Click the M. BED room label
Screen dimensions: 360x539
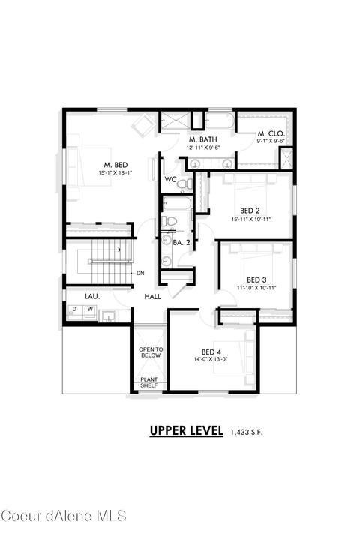(115, 166)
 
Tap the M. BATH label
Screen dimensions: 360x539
(202, 139)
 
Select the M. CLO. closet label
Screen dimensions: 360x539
(271, 133)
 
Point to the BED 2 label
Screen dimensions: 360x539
(250, 211)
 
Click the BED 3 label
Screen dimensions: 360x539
(256, 280)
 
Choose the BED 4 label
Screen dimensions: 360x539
(211, 352)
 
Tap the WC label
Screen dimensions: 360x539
(170, 179)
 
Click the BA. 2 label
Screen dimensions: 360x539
(181, 243)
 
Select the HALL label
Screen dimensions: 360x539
(153, 296)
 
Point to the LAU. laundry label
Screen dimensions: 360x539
(92, 296)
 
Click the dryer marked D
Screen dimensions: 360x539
(74, 310)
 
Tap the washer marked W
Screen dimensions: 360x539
(90, 310)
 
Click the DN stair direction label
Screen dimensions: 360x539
(140, 274)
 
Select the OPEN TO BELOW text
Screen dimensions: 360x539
(151, 352)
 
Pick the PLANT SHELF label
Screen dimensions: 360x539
(149, 382)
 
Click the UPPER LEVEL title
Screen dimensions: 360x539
(186, 430)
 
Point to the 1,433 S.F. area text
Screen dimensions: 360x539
(247, 432)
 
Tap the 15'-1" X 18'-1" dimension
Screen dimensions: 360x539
(115, 173)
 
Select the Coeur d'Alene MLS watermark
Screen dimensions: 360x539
(64, 516)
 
